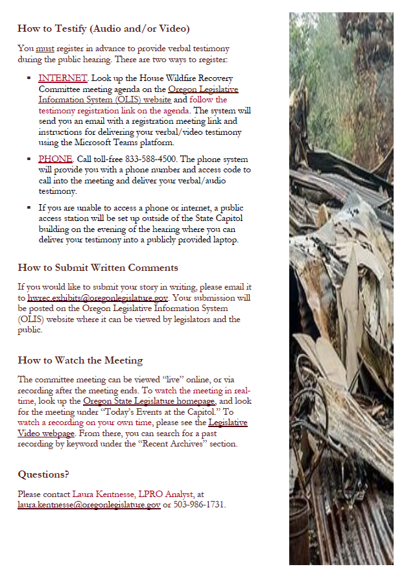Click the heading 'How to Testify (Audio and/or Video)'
(104, 29)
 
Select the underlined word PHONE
(54, 159)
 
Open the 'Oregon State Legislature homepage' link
(149, 401)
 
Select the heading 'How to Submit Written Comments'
(98, 268)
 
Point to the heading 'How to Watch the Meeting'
(80, 360)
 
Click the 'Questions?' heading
(43, 474)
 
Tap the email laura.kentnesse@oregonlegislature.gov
(89, 505)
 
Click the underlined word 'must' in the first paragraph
(45, 49)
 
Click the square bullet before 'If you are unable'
(29, 208)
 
